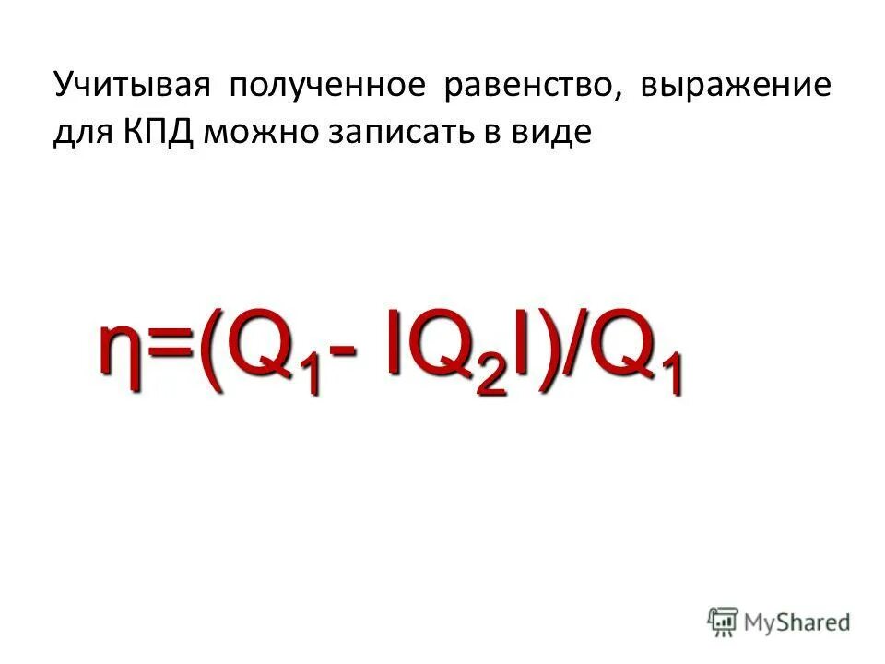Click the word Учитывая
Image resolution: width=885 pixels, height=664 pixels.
click(x=128, y=88)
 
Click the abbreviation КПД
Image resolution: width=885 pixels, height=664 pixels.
click(x=156, y=134)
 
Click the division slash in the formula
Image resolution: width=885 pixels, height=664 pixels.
click(x=571, y=350)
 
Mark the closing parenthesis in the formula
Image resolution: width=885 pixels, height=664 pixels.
click(x=540, y=350)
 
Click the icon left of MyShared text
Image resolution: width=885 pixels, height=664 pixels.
click(x=724, y=622)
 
